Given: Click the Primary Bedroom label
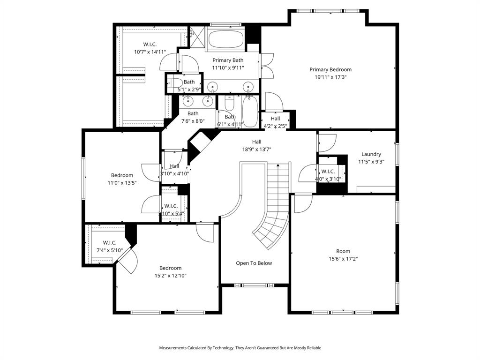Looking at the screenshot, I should point(330,70).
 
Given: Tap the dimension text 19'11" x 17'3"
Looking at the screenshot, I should point(330,77).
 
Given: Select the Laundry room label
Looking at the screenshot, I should point(371,154).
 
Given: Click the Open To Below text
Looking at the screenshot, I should point(254,263).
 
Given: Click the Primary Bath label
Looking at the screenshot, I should point(228,60).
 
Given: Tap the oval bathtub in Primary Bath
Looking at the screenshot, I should point(225,39).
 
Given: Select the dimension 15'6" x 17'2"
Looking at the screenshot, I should point(343,259).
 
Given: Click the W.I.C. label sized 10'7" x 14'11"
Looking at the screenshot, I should point(150,45).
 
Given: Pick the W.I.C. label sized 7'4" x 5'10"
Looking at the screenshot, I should point(109,243).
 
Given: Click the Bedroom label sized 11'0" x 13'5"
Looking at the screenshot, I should point(122,176).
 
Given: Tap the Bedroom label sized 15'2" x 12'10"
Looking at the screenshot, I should point(170,268).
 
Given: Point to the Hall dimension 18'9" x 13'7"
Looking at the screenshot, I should point(256,150).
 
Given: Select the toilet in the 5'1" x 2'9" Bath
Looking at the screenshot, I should point(176,85).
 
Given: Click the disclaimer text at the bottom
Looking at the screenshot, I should point(240,348).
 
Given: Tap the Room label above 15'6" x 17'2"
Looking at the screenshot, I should point(343,251).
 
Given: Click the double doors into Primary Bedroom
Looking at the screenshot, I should point(266,66).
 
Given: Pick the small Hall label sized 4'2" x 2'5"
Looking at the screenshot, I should point(275,119).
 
